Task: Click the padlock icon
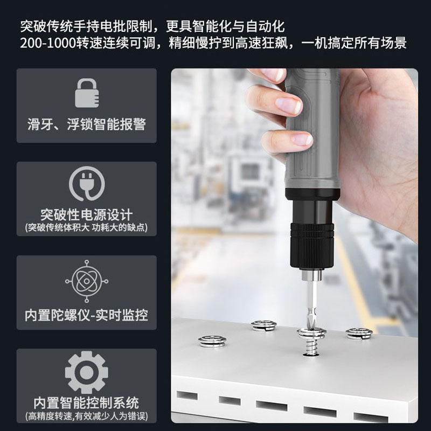point(87,93)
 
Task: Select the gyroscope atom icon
point(87,281)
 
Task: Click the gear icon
point(87,372)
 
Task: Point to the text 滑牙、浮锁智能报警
point(87,124)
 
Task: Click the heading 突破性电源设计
point(87,214)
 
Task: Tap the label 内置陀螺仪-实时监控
point(87,315)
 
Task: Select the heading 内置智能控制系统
point(87,403)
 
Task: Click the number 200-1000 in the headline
point(48,43)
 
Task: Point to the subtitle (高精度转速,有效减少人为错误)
point(87,416)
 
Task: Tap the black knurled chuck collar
point(312,245)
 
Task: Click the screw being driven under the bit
point(311,340)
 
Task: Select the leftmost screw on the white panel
point(212,342)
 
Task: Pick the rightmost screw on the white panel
point(359,333)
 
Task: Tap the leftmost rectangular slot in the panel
point(187,395)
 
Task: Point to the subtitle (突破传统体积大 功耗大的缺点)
point(87,227)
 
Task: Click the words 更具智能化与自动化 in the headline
point(225,26)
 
